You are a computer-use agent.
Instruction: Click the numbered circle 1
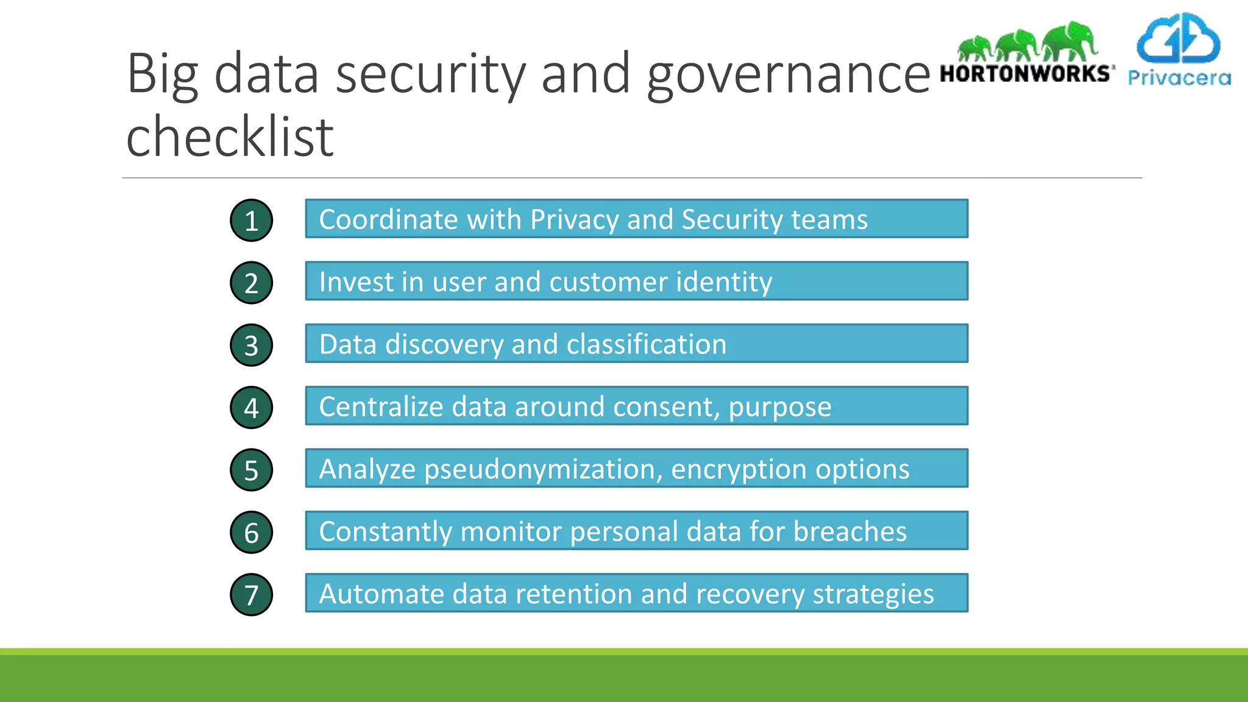click(251, 221)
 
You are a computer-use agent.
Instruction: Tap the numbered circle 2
click(251, 283)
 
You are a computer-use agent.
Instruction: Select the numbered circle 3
click(251, 346)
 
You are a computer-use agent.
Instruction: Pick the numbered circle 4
click(251, 408)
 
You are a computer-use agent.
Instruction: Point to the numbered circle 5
click(251, 470)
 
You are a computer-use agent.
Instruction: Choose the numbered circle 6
click(251, 533)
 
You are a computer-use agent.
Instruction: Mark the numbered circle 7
click(251, 595)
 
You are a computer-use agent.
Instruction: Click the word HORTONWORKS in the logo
click(1026, 74)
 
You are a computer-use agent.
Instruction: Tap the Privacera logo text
click(1179, 78)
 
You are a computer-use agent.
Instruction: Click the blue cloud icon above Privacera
click(1179, 38)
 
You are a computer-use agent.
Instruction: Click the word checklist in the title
click(230, 136)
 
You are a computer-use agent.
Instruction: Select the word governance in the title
click(789, 74)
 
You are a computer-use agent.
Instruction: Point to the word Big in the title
click(163, 74)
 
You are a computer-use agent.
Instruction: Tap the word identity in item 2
click(724, 282)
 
